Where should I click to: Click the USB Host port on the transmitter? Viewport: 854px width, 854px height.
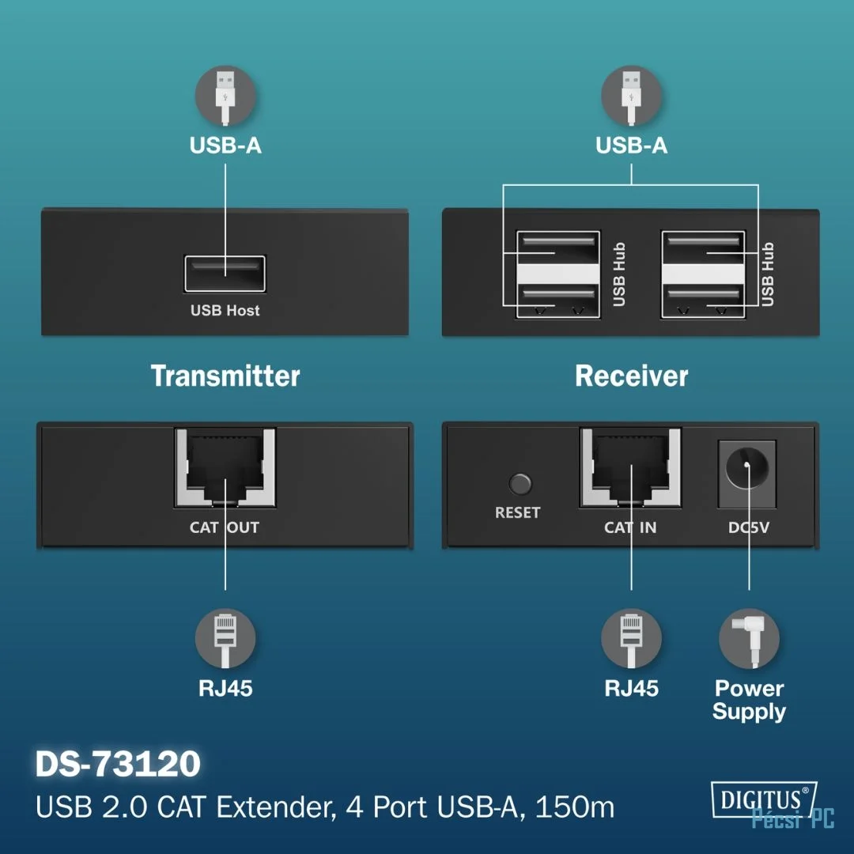coord(225,274)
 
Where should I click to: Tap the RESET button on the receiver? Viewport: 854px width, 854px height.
coord(520,484)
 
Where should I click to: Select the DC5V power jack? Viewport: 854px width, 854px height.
coord(747,474)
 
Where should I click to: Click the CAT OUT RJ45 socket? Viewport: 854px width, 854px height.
coord(225,467)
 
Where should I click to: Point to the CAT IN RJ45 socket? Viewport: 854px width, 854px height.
coord(631,467)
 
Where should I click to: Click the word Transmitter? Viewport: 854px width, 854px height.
coord(225,376)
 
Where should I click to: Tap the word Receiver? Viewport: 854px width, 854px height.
coord(631,376)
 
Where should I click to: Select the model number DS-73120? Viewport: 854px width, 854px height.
coord(118,764)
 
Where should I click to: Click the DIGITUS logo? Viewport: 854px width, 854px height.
coord(764,799)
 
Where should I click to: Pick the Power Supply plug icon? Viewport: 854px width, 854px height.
coord(749,638)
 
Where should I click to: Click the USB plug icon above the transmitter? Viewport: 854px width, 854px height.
coord(225,96)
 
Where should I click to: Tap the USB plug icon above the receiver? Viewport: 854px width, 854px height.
coord(631,96)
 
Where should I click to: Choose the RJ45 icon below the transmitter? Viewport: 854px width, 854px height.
coord(225,638)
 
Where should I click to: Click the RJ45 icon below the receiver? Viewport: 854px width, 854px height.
coord(631,638)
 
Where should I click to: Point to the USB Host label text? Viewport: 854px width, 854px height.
coord(225,311)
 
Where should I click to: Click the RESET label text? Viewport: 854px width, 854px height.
coord(517,512)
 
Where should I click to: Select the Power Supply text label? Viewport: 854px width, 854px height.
coord(749,700)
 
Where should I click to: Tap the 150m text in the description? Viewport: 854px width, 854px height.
coord(575,807)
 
